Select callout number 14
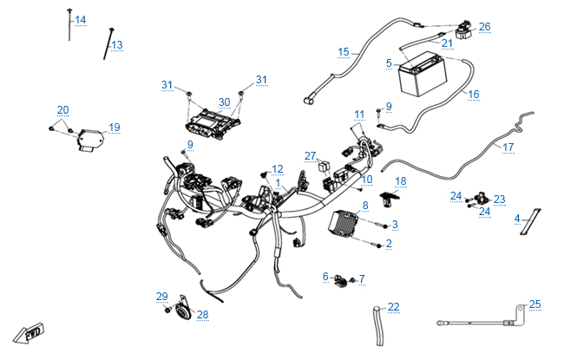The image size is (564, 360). [x=81, y=20]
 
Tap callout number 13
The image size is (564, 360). [x=117, y=44]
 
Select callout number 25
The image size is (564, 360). [x=534, y=304]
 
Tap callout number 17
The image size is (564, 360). [x=508, y=147]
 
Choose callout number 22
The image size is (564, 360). [x=394, y=307]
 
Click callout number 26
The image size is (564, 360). [x=484, y=27]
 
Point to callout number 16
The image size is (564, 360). [x=473, y=94]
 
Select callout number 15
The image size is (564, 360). [x=344, y=52]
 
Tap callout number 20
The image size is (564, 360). [x=62, y=110]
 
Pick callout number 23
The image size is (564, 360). [x=499, y=199]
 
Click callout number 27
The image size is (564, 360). [x=310, y=155]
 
